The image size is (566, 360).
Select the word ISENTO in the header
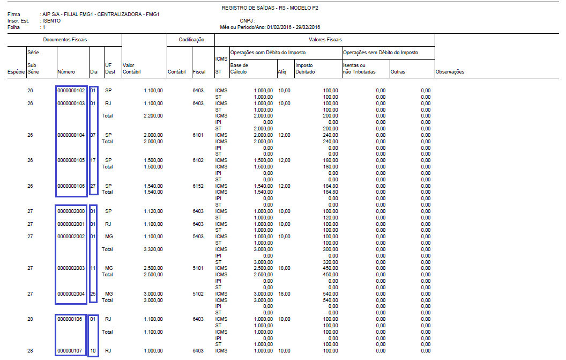[x=51, y=21]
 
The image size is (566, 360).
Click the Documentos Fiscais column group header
[x=65, y=40]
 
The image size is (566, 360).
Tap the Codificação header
[x=191, y=40]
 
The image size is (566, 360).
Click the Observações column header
[x=450, y=71]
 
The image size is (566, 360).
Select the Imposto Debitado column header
[x=305, y=68]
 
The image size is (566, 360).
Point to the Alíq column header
[x=282, y=71]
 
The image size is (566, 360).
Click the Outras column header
[x=398, y=71]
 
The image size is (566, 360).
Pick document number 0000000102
[x=71, y=90]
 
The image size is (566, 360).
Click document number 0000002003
[x=71, y=268]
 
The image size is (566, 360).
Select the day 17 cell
[x=93, y=160]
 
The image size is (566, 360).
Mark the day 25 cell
[x=93, y=293]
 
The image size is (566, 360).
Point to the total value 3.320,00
[x=153, y=249]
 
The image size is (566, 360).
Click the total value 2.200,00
[x=153, y=116]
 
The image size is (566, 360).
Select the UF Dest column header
[x=110, y=68]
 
